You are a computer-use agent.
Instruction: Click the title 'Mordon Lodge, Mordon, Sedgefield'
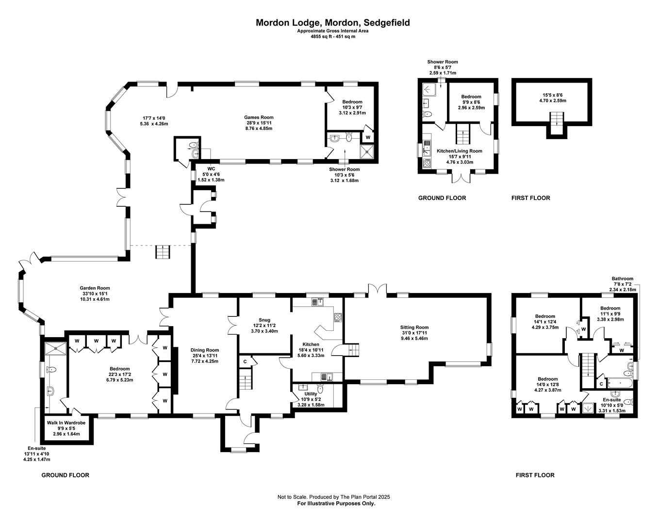click(x=332, y=22)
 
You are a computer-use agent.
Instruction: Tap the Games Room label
click(x=259, y=117)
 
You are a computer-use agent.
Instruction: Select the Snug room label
click(x=264, y=320)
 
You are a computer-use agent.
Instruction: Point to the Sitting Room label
click(x=414, y=327)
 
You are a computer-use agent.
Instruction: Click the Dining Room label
click(x=204, y=350)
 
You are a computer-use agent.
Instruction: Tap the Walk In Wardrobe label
click(x=66, y=423)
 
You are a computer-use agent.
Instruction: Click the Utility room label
click(x=311, y=393)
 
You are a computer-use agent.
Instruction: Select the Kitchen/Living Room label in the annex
click(x=459, y=151)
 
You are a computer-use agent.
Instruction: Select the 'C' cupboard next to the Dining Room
click(x=245, y=361)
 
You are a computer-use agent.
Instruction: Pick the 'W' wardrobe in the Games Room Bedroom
click(x=367, y=137)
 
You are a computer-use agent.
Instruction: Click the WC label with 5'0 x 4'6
click(x=211, y=169)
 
